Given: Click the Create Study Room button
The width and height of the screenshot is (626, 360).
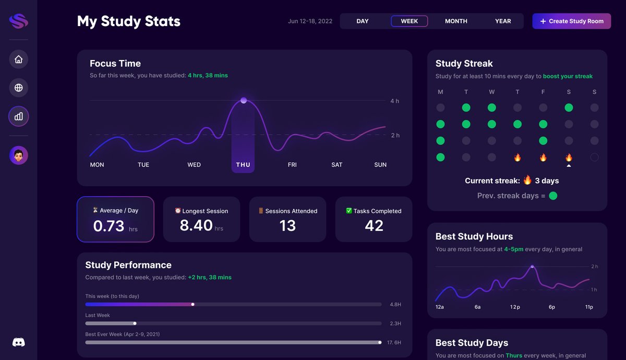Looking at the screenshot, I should click(x=571, y=21).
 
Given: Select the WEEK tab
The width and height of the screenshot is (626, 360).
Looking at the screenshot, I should click(x=409, y=21).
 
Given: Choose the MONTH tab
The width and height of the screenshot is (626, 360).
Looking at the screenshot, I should click(x=456, y=21).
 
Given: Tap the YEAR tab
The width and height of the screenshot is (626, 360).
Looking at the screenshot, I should click(x=503, y=21).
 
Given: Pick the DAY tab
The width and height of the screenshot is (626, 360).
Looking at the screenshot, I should click(x=363, y=21).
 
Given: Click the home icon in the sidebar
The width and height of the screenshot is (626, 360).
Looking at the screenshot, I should click(x=19, y=59).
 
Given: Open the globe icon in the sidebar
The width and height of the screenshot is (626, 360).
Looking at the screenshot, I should click(x=19, y=88).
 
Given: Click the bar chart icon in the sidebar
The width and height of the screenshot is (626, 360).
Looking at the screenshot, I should click(x=19, y=116).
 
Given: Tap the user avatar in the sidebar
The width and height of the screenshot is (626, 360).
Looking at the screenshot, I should click(x=19, y=155).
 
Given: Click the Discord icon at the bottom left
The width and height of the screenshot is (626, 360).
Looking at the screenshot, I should click(x=19, y=342).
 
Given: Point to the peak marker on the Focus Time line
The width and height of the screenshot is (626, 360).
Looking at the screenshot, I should click(x=244, y=100).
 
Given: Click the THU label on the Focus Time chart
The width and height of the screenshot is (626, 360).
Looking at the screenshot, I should click(x=243, y=165).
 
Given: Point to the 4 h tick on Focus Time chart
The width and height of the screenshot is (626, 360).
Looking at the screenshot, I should click(x=395, y=101).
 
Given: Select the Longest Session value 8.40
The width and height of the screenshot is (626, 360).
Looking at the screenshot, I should click(x=196, y=225).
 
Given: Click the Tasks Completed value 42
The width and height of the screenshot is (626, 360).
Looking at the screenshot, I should click(x=374, y=225).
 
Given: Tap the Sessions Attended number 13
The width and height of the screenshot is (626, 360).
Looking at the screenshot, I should click(x=287, y=225).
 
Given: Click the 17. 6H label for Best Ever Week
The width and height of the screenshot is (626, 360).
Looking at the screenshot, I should click(x=394, y=343).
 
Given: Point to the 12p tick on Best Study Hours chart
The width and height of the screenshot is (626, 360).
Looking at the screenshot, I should click(x=515, y=307).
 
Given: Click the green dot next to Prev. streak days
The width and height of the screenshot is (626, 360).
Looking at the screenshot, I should click(x=553, y=196).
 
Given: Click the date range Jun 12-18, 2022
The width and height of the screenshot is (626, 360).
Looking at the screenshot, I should click(x=310, y=21).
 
